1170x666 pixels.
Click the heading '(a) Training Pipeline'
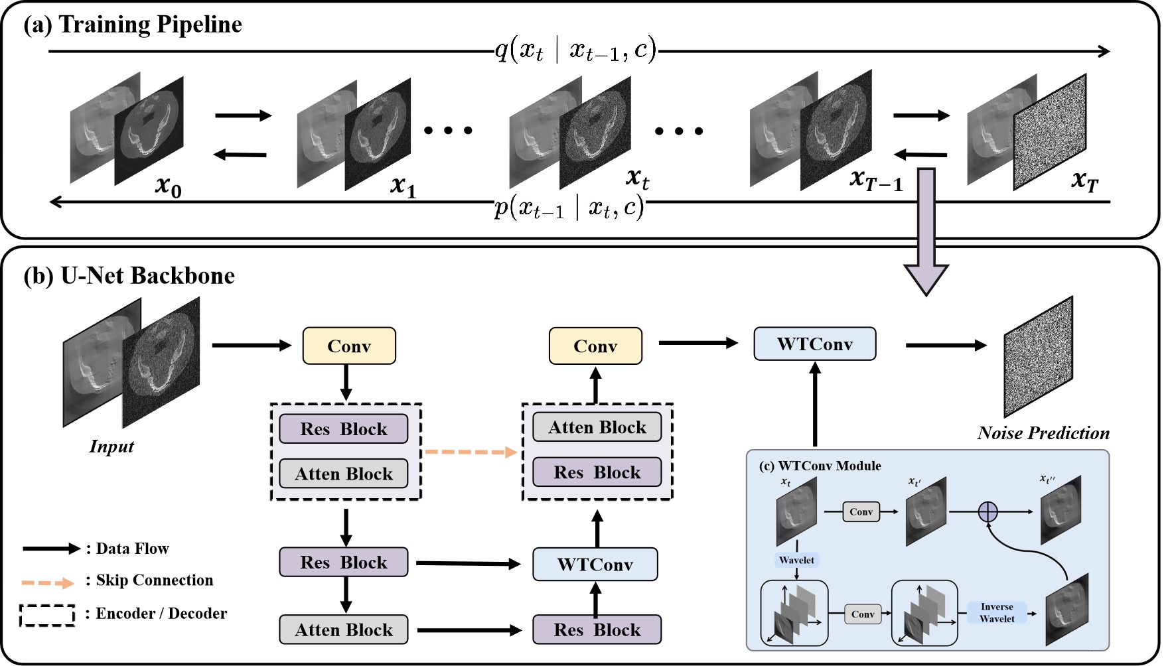point(133,25)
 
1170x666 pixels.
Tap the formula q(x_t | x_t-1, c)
point(575,50)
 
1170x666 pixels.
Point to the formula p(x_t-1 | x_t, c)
point(569,208)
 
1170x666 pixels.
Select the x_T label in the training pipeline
point(1085,180)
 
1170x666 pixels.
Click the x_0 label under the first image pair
point(168,186)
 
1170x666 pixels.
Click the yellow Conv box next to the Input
point(349,346)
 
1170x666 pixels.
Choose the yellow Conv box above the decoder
point(595,346)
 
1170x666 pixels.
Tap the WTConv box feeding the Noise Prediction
point(814,344)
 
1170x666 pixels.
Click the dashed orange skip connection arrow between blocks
point(471,452)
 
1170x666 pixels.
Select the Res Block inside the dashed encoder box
point(343,429)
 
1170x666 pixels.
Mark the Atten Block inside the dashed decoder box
point(597,427)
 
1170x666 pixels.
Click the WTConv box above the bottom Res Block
point(595,565)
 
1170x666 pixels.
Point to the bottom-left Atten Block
point(343,630)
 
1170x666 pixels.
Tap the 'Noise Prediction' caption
point(1043,433)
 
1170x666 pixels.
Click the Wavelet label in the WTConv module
point(796,560)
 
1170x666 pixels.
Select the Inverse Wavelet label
point(997,612)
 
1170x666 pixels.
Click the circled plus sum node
point(988,511)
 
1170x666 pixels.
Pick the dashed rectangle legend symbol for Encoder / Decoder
point(47,615)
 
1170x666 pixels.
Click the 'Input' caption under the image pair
point(111,446)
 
